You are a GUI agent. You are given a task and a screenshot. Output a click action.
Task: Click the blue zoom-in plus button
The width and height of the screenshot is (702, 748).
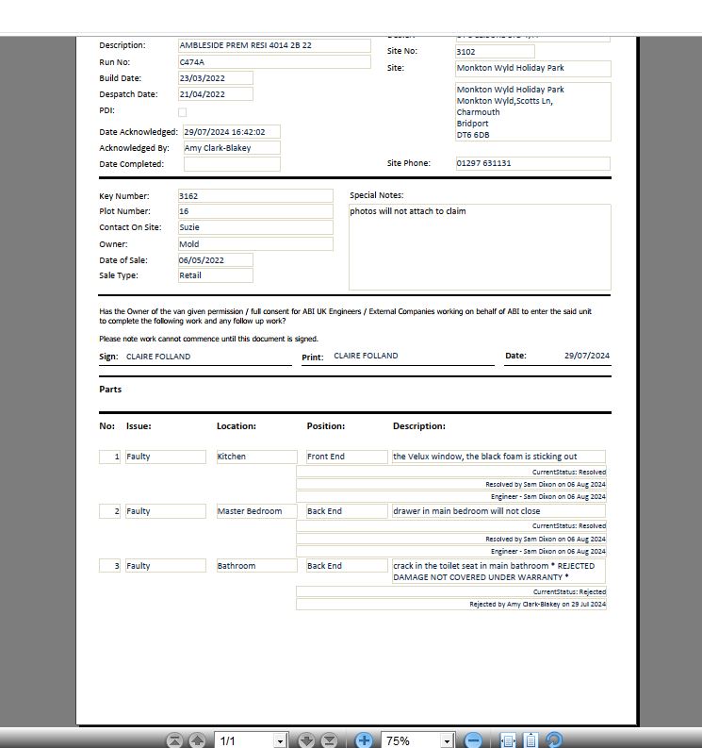[x=364, y=740]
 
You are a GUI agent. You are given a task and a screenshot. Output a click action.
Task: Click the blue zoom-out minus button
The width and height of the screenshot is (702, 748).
[x=474, y=740]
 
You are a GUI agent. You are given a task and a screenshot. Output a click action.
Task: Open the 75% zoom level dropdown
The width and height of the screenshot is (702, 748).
[x=448, y=740]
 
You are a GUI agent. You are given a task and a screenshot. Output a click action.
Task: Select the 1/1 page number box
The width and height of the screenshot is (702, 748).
[x=243, y=740]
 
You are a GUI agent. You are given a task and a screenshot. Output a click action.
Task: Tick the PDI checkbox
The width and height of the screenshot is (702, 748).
[x=183, y=111]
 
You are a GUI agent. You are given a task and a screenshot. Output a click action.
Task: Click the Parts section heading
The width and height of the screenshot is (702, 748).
[x=110, y=389]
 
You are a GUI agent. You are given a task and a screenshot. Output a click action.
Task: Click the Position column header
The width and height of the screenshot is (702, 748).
[x=326, y=426]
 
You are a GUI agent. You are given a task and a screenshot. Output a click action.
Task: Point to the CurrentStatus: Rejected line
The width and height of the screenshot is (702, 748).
[x=568, y=591]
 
